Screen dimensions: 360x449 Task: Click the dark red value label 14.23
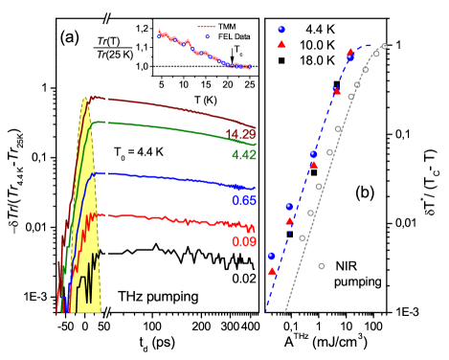(x=239, y=134)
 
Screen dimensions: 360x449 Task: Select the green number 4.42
(x=243, y=154)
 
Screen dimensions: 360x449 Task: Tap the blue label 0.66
(x=243, y=200)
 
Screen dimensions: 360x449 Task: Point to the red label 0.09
(x=243, y=242)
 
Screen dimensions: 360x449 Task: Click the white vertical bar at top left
(x=50, y=46)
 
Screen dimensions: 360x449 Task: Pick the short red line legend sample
(x=206, y=27)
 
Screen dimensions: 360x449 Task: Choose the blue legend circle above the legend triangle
(x=281, y=30)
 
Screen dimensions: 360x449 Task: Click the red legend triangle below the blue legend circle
(x=281, y=44)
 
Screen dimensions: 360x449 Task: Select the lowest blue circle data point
(x=271, y=256)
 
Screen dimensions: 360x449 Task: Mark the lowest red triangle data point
(x=272, y=271)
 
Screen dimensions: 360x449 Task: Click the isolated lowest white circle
(x=321, y=265)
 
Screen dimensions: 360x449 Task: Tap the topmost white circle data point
(x=384, y=46)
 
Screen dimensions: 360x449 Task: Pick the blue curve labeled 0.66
(x=172, y=177)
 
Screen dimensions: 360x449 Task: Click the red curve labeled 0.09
(x=172, y=219)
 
